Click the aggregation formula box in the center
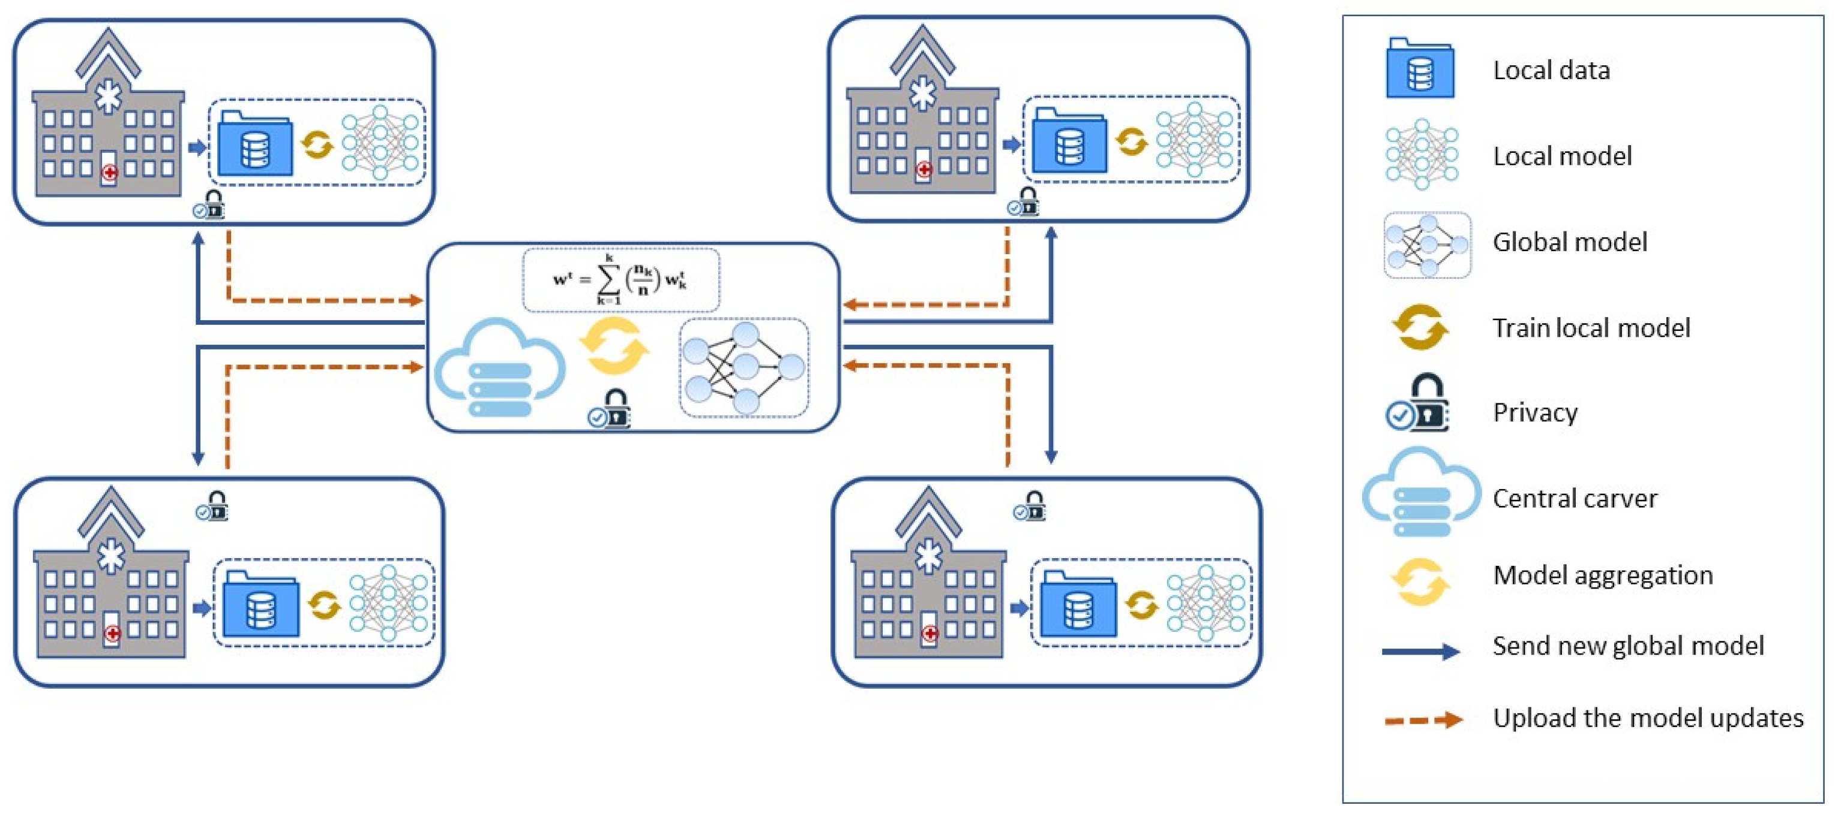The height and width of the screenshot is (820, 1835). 620,280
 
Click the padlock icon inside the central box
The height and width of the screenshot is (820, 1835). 610,409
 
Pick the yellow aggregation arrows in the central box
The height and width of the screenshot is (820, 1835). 614,346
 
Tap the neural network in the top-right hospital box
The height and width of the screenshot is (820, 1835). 1195,140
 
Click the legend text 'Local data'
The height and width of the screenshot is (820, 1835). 1551,71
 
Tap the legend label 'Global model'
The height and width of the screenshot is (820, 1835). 1569,242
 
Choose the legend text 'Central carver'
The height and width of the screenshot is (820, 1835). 1575,498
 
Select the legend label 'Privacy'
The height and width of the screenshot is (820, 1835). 1534,413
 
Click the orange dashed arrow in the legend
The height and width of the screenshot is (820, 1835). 1422,720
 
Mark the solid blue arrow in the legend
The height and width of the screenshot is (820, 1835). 1420,650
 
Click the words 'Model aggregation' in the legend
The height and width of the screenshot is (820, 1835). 1602,575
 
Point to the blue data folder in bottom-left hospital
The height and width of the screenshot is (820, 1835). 260,605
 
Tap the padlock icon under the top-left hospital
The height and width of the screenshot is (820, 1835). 209,205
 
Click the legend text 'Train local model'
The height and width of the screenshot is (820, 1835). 1591,328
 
